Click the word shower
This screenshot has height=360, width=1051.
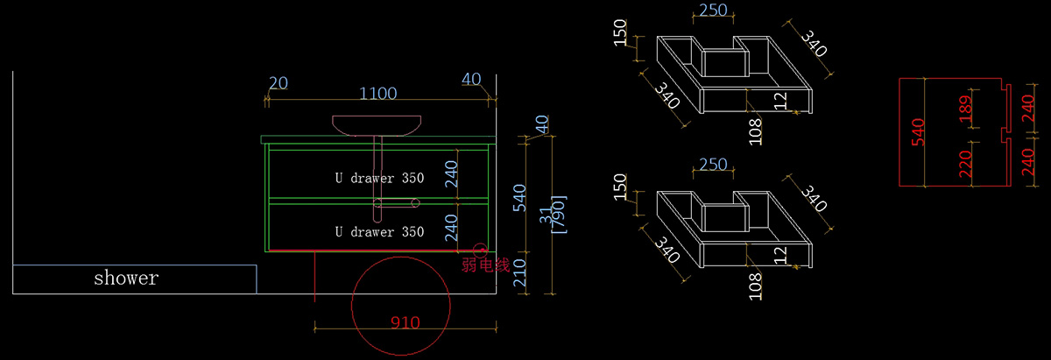pos(126,279)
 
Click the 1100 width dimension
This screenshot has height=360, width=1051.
pos(378,94)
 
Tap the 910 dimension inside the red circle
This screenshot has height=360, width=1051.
pos(406,323)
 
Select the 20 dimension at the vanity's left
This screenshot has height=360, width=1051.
pos(279,83)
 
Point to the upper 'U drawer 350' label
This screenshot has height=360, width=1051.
pos(379,178)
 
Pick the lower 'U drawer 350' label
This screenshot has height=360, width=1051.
pos(379,232)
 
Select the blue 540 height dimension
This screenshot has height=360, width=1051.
pos(518,199)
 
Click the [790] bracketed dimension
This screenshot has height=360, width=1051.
pos(559,214)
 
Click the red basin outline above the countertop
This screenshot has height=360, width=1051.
pos(377,125)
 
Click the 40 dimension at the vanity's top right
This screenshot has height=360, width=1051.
pos(471,80)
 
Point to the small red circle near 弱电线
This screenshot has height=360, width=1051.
pos(479,250)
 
